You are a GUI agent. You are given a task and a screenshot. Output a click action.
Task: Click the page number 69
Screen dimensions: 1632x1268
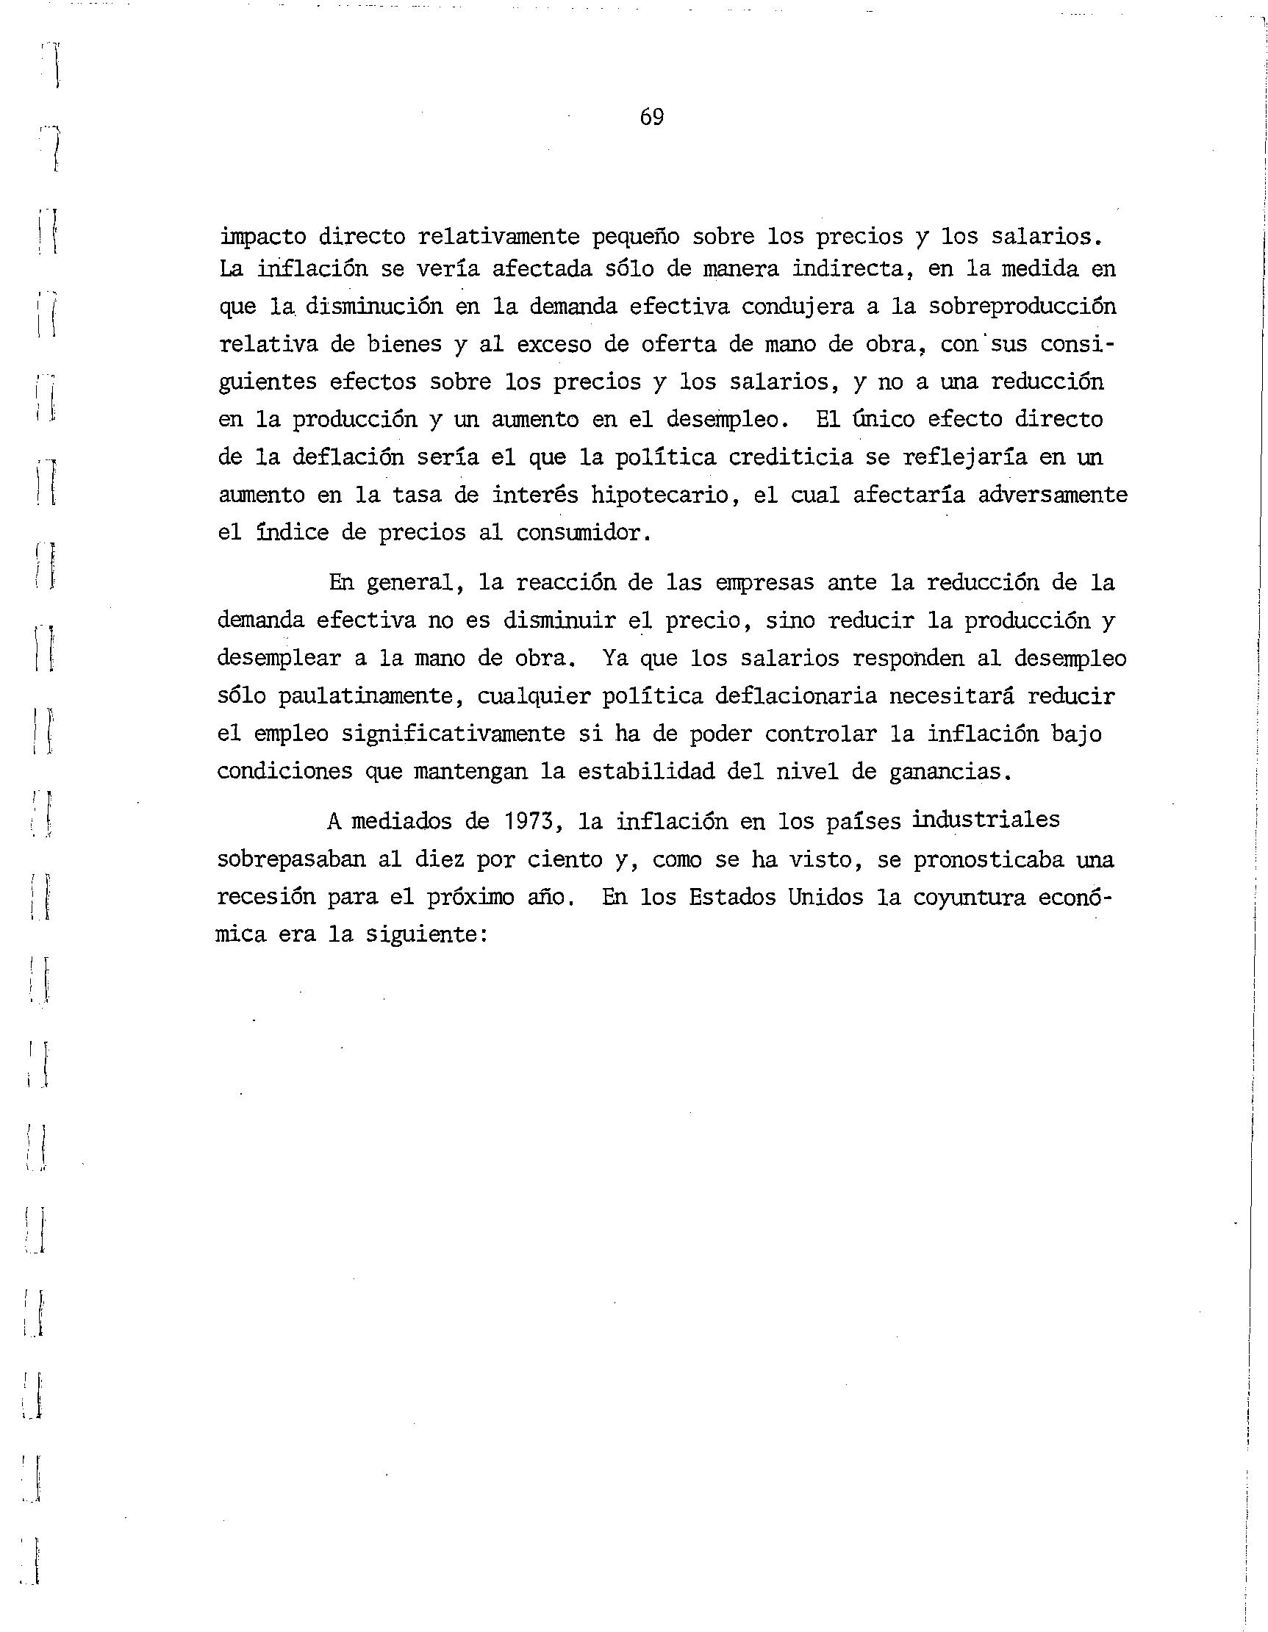[651, 117]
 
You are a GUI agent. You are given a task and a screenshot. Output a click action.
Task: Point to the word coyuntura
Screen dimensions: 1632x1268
[970, 897]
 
